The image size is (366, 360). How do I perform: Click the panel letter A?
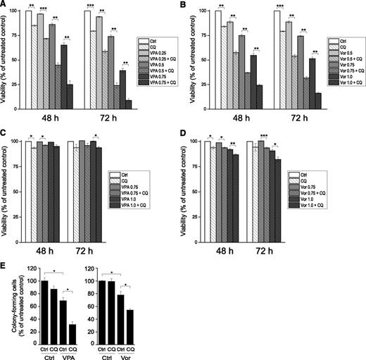point(5,5)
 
